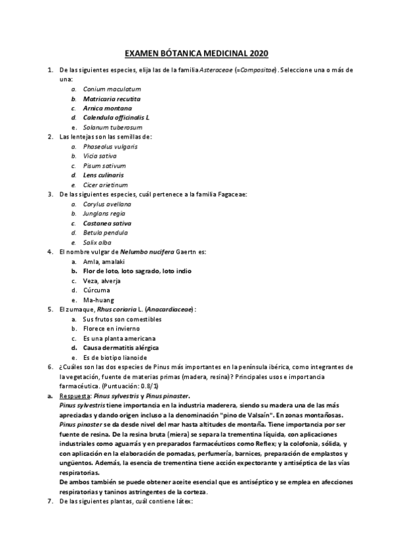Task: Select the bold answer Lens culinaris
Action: pyautogui.click(x=103, y=175)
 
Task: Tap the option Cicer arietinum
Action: pyautogui.click(x=105, y=185)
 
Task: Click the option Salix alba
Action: pyautogui.click(x=98, y=242)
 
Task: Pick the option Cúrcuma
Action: pyautogui.click(x=96, y=290)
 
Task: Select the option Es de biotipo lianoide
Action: pyautogui.click(x=115, y=357)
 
